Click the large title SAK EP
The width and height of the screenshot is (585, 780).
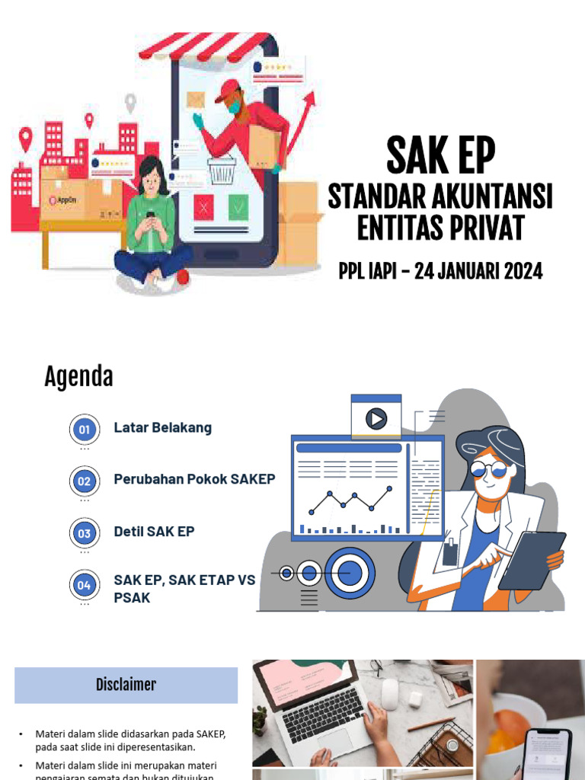click(440, 155)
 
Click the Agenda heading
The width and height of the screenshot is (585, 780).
click(78, 376)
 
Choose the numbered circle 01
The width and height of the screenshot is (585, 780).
click(84, 430)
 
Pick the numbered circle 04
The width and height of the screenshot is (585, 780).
click(84, 585)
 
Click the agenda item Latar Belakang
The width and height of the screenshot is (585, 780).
click(162, 427)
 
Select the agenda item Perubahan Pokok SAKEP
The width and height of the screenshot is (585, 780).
click(194, 479)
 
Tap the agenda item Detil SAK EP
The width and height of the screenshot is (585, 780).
click(154, 531)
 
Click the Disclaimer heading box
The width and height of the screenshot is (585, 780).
click(126, 685)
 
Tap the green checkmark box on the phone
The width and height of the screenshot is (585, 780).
click(238, 206)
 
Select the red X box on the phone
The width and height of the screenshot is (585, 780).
click(203, 206)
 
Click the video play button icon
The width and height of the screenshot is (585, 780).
click(376, 418)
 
